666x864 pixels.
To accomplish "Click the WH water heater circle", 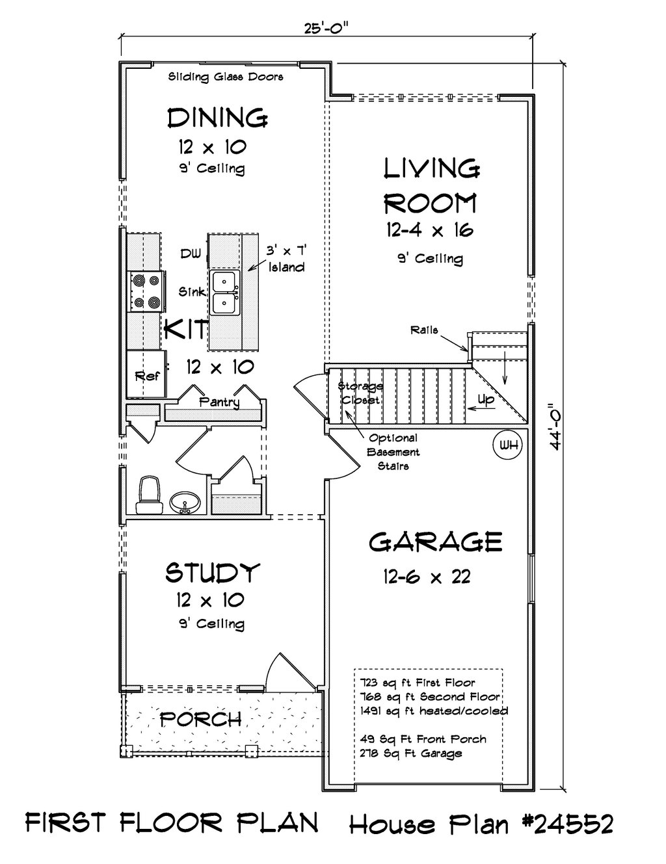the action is click(508, 445).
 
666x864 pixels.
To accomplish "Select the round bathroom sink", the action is click(185, 503).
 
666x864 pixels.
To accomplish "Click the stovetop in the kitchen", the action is click(146, 291).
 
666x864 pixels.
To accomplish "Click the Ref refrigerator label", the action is click(147, 376).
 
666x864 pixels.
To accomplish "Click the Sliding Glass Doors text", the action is click(226, 77).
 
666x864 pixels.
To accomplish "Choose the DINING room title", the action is click(217, 118).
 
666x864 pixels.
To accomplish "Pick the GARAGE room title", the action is click(435, 542).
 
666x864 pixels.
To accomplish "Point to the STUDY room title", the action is click(213, 573).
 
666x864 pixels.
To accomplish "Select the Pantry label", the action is click(219, 402).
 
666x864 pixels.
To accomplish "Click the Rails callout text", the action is click(424, 330).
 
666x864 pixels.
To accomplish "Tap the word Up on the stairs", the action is click(485, 399).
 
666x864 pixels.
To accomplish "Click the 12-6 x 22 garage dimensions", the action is click(427, 576).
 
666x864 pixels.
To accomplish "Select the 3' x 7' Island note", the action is click(286, 259).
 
